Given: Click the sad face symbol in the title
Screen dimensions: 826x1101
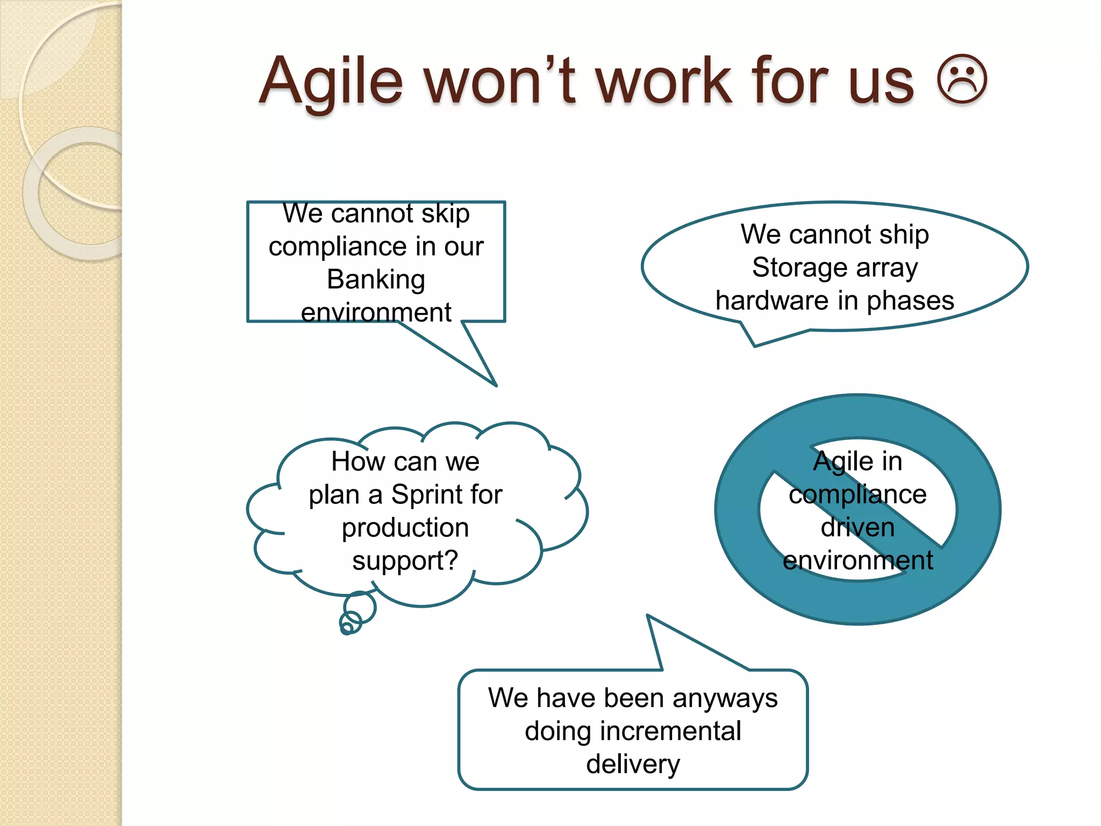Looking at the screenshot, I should (x=962, y=79).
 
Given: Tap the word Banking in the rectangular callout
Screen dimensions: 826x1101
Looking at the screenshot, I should (x=376, y=280).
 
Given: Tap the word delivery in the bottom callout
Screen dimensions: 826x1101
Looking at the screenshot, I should (x=633, y=764).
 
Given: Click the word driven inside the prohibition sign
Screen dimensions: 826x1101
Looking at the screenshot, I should (x=857, y=527).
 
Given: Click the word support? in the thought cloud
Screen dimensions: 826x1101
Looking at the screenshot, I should (x=405, y=560).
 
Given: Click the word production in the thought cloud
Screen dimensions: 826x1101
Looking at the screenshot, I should (x=405, y=528).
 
